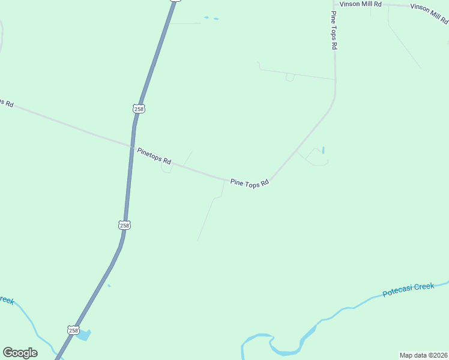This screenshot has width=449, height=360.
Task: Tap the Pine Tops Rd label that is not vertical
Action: (249, 184)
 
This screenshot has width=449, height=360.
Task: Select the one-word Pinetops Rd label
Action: (154, 157)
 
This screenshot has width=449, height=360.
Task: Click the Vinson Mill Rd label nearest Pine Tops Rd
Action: (361, 4)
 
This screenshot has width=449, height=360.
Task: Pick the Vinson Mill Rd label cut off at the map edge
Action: (429, 13)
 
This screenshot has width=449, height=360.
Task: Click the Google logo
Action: (20, 352)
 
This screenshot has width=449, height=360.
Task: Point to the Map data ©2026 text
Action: (423, 355)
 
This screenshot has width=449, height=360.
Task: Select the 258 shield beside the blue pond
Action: (73, 330)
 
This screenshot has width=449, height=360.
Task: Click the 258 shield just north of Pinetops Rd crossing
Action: (139, 109)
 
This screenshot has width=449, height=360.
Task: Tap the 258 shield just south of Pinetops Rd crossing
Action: (124, 225)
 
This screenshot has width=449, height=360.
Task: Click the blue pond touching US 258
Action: (84, 335)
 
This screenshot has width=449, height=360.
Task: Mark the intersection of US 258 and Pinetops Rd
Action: (132, 145)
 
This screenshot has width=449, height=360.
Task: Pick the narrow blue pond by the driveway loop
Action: (323, 150)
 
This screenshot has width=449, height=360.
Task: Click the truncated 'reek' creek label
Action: (6, 300)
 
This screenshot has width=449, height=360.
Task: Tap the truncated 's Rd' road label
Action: (6, 103)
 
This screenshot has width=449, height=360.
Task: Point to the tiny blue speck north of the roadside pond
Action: (109, 286)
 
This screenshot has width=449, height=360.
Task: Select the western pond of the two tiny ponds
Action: (206, 17)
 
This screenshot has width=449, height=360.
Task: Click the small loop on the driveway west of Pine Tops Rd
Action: (290, 77)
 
